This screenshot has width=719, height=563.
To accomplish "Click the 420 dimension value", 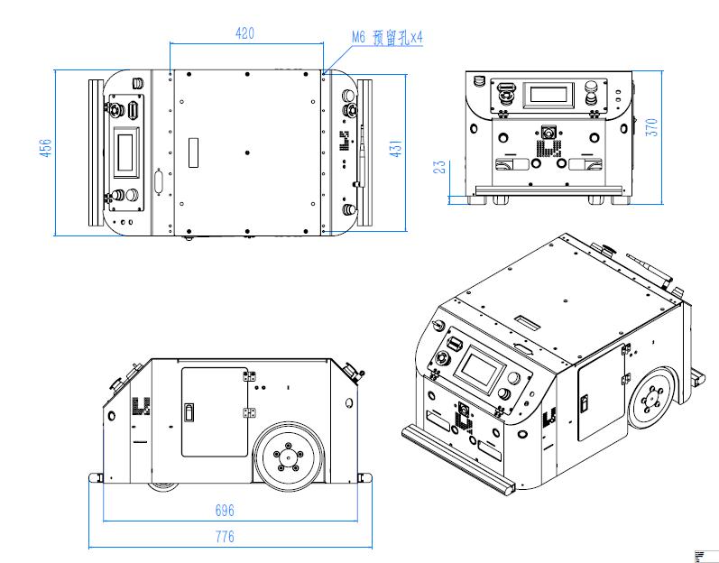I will tap(244, 33).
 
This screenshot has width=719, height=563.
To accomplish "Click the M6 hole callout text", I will tap(387, 38).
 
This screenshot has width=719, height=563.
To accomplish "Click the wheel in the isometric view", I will tap(650, 398).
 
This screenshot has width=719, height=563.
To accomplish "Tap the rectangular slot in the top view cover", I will tap(192, 151).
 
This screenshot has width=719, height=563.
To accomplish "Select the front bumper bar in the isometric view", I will tap(459, 461).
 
